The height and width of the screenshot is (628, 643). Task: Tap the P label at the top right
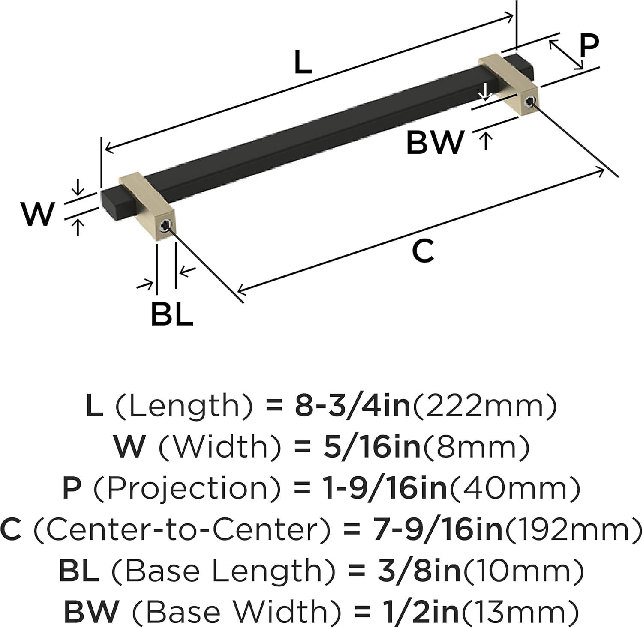point(589,46)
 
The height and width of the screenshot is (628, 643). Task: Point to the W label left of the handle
point(38,214)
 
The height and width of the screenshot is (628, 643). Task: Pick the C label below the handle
point(423,251)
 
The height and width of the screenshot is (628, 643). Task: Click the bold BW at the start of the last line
point(91,612)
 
